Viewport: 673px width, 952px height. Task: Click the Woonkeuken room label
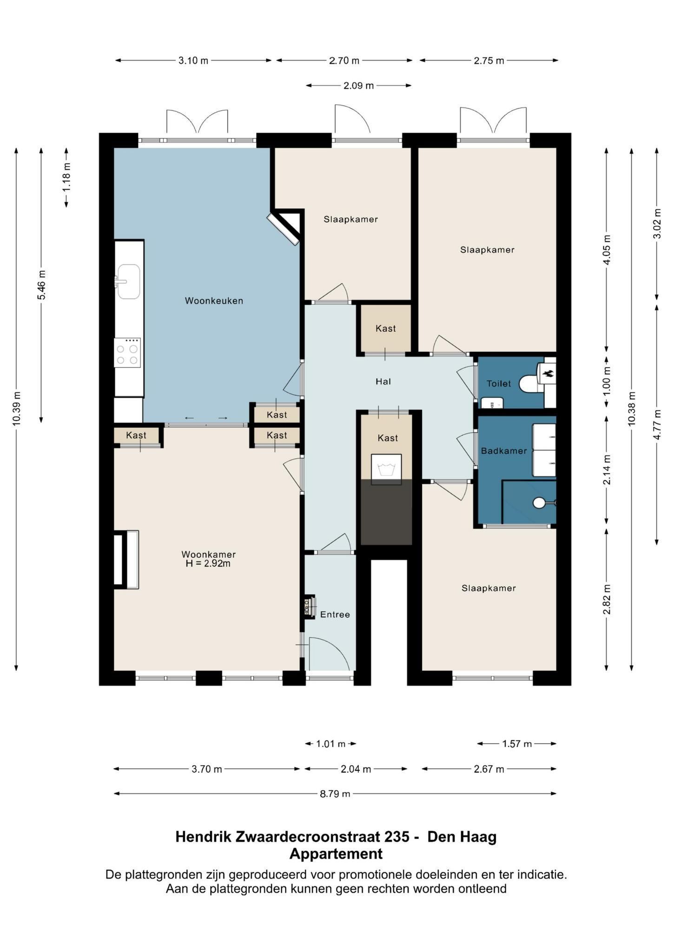point(214,301)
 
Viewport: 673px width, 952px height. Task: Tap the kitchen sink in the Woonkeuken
point(128,281)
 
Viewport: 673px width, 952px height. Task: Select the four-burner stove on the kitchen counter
point(127,353)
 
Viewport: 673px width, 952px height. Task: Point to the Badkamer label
point(504,451)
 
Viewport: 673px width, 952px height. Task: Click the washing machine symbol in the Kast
point(386,469)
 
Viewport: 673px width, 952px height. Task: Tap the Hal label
point(383,382)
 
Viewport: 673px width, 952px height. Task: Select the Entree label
point(335,615)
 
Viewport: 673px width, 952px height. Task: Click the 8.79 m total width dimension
point(335,793)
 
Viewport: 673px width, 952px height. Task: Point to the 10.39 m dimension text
point(17,408)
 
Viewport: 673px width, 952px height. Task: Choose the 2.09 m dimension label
point(358,86)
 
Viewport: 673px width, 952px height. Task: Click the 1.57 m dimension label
point(516,744)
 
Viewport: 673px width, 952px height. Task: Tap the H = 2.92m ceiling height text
point(208,564)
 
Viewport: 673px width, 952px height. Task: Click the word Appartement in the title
point(336,854)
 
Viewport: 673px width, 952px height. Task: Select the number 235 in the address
point(396,837)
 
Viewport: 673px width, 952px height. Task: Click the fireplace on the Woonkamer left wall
point(126,560)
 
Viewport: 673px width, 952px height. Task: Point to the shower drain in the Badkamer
point(539,502)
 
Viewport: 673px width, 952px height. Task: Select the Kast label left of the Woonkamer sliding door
point(136,436)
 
